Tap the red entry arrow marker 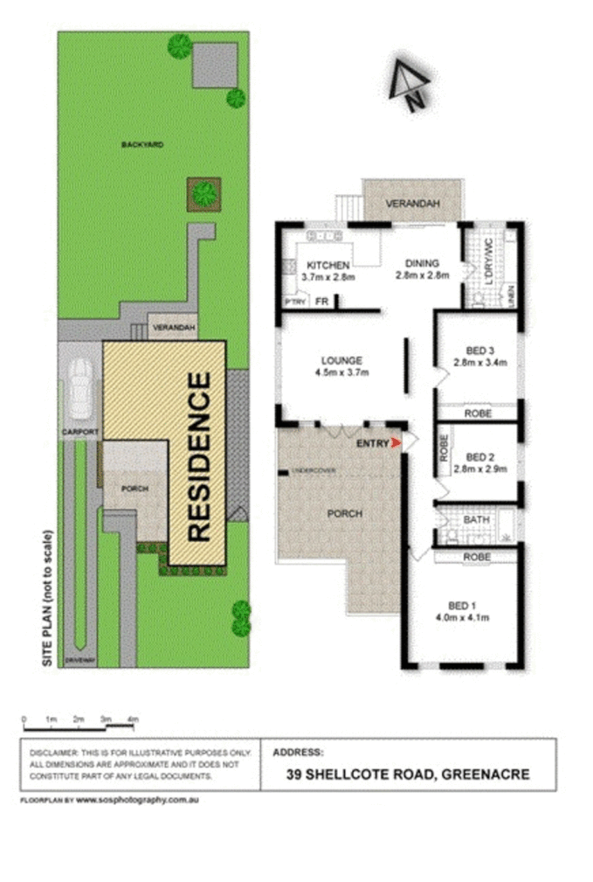pyautogui.click(x=397, y=444)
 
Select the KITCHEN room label pyautogui.click(x=328, y=265)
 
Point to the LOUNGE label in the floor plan pyautogui.click(x=341, y=360)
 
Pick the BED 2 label pyautogui.click(x=480, y=456)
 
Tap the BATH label pyautogui.click(x=476, y=520)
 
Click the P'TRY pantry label pyautogui.click(x=293, y=302)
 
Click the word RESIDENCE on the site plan pyautogui.click(x=199, y=456)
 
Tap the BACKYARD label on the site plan pyautogui.click(x=142, y=144)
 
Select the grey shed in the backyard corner pyautogui.click(x=214, y=66)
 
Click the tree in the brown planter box pyautogui.click(x=204, y=193)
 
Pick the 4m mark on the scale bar pyautogui.click(x=133, y=719)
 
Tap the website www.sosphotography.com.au pyautogui.click(x=138, y=800)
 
